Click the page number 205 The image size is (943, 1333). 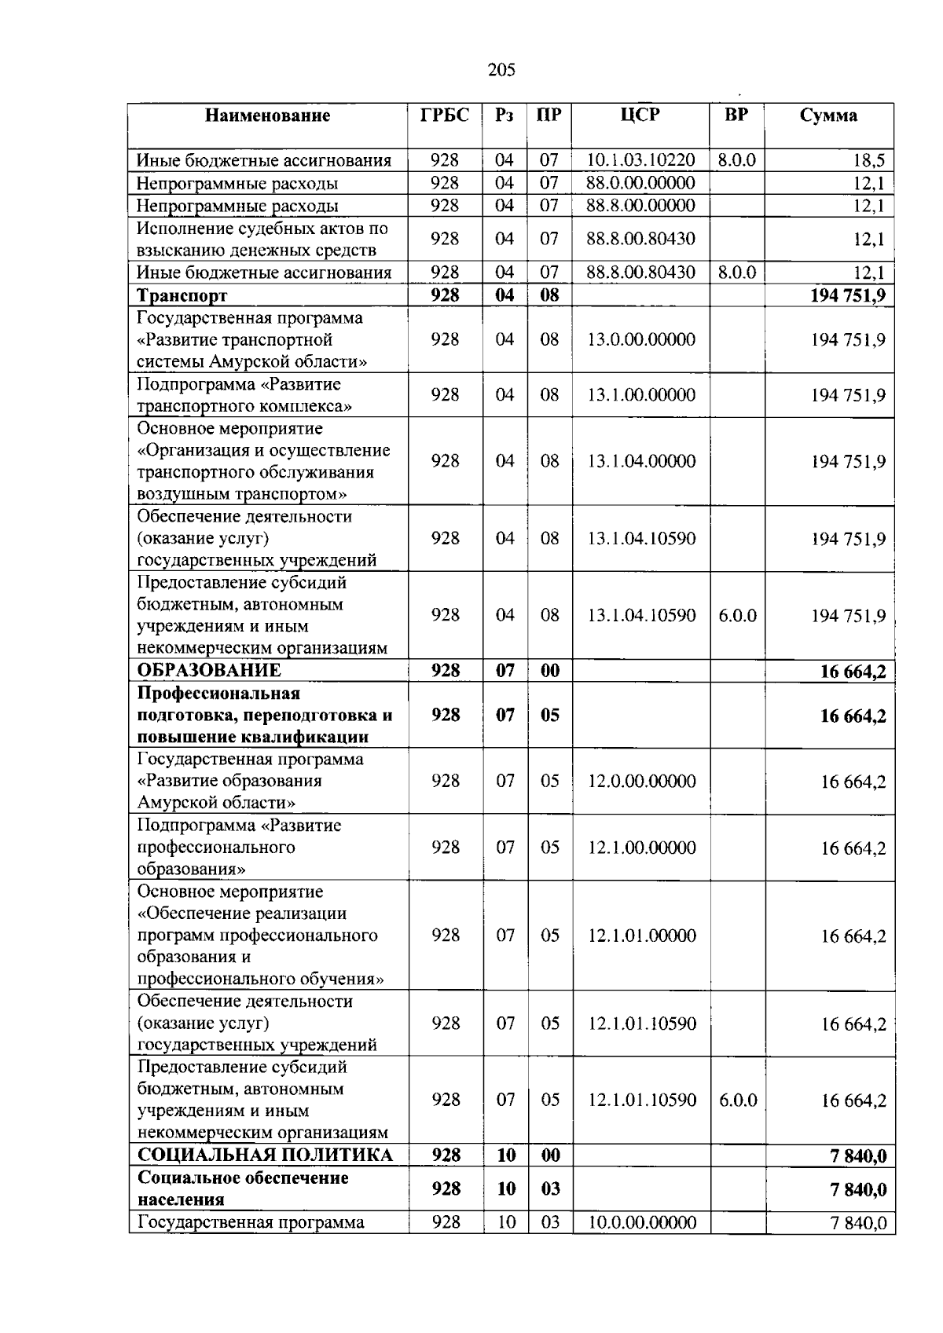pyautogui.click(x=501, y=70)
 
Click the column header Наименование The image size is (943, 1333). pyautogui.click(x=267, y=116)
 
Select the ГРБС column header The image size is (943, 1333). pyautogui.click(x=445, y=115)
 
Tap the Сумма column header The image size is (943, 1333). pyautogui.click(x=828, y=116)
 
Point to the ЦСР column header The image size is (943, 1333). pyautogui.click(x=640, y=115)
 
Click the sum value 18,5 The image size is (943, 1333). pyautogui.click(x=868, y=161)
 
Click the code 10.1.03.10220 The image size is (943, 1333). pyautogui.click(x=640, y=160)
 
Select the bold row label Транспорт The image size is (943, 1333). pyautogui.click(x=182, y=295)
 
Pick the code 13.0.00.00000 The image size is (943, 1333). pyautogui.click(x=641, y=339)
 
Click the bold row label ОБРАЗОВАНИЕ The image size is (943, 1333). pyautogui.click(x=209, y=670)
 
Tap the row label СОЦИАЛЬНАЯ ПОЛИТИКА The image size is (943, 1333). pyautogui.click(x=265, y=1155)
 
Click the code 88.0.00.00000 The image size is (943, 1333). pyautogui.click(x=640, y=183)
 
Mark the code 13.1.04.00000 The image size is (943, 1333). pyautogui.click(x=641, y=461)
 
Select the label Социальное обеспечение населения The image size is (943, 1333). pyautogui.click(x=243, y=1188)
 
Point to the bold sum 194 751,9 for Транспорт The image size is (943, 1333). pyautogui.click(x=847, y=295)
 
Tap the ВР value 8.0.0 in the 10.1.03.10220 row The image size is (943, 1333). pyautogui.click(x=736, y=160)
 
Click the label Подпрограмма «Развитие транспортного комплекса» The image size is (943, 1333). pyautogui.click(x=244, y=395)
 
